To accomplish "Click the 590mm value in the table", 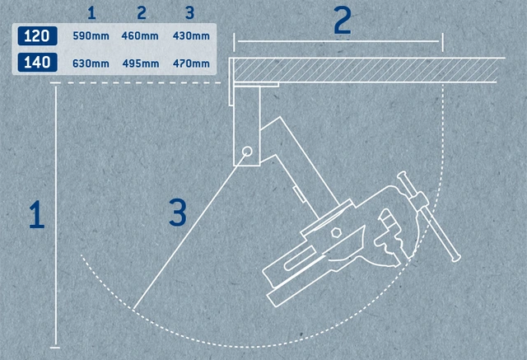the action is tap(91, 35).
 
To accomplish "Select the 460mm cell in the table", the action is tap(140, 35).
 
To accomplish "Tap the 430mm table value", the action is tap(191, 35).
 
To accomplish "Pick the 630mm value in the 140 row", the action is tap(91, 63).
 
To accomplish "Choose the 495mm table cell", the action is tap(141, 63).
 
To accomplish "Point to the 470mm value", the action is tap(191, 63).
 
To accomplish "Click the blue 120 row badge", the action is tap(37, 35).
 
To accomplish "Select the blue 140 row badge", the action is tap(37, 62).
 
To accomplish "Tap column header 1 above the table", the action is tap(91, 13).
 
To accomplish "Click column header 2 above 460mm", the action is tap(142, 13).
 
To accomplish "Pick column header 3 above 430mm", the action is tap(190, 13).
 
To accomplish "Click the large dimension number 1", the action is tap(36, 214).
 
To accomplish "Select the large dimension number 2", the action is tap(343, 20).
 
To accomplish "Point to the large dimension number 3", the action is tap(178, 213).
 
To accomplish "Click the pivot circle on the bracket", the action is tap(247, 152).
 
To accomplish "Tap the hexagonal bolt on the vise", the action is tap(335, 232).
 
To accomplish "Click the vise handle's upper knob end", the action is tap(402, 175).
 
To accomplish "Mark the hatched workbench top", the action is tap(366, 70).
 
